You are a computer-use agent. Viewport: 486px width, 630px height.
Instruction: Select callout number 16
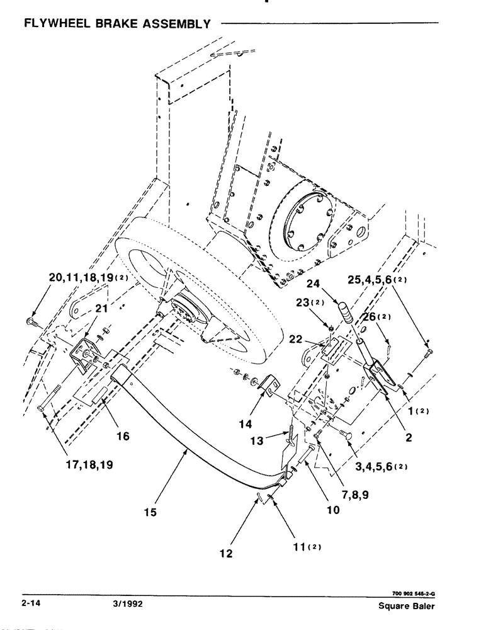pos(123,435)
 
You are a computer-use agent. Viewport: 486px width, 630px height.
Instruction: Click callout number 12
pos(226,554)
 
